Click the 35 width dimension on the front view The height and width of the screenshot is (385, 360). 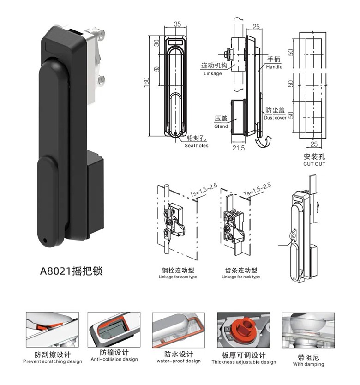(x=178, y=25)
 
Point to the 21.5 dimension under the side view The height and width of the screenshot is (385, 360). (x=238, y=149)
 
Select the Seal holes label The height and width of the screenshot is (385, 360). (x=196, y=145)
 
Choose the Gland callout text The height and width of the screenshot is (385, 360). (x=221, y=126)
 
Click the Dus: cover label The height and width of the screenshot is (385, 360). (x=276, y=118)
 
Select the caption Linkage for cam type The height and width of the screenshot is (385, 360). (x=178, y=277)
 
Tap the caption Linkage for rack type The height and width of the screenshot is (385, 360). (x=240, y=277)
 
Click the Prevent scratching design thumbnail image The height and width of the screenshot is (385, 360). (x=52, y=331)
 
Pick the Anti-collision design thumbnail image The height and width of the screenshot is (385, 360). (x=114, y=330)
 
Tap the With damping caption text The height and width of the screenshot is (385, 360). (x=308, y=364)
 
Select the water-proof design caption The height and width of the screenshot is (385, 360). (x=179, y=361)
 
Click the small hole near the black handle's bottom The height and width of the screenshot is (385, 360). (x=45, y=241)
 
